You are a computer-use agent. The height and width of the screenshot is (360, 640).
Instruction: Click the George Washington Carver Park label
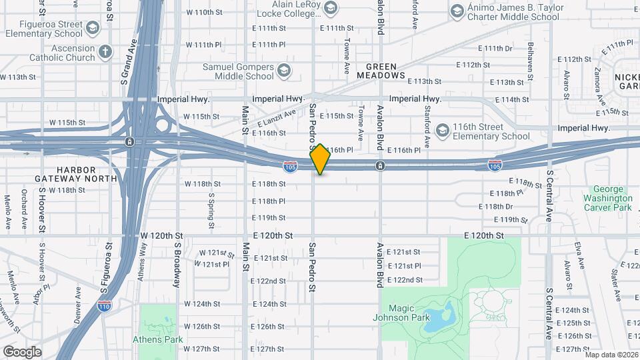(x=607, y=198)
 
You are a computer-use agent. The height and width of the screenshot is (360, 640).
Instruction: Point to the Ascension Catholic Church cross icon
(x=105, y=51)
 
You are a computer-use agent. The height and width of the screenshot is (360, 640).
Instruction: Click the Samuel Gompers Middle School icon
(x=285, y=71)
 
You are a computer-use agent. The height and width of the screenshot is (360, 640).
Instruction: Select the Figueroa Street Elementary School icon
(x=92, y=28)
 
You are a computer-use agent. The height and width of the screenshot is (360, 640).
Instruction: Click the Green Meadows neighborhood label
(x=385, y=71)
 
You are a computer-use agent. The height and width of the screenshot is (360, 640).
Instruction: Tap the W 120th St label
(x=162, y=236)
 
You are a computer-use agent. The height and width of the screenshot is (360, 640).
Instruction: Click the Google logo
(x=21, y=352)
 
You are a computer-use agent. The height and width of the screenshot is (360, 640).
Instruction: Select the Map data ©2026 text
(x=611, y=355)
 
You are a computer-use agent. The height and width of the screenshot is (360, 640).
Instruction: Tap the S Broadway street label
(x=177, y=265)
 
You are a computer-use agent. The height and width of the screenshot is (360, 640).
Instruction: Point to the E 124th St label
(x=269, y=304)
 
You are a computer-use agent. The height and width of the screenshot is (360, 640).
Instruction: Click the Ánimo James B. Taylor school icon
(x=457, y=11)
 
